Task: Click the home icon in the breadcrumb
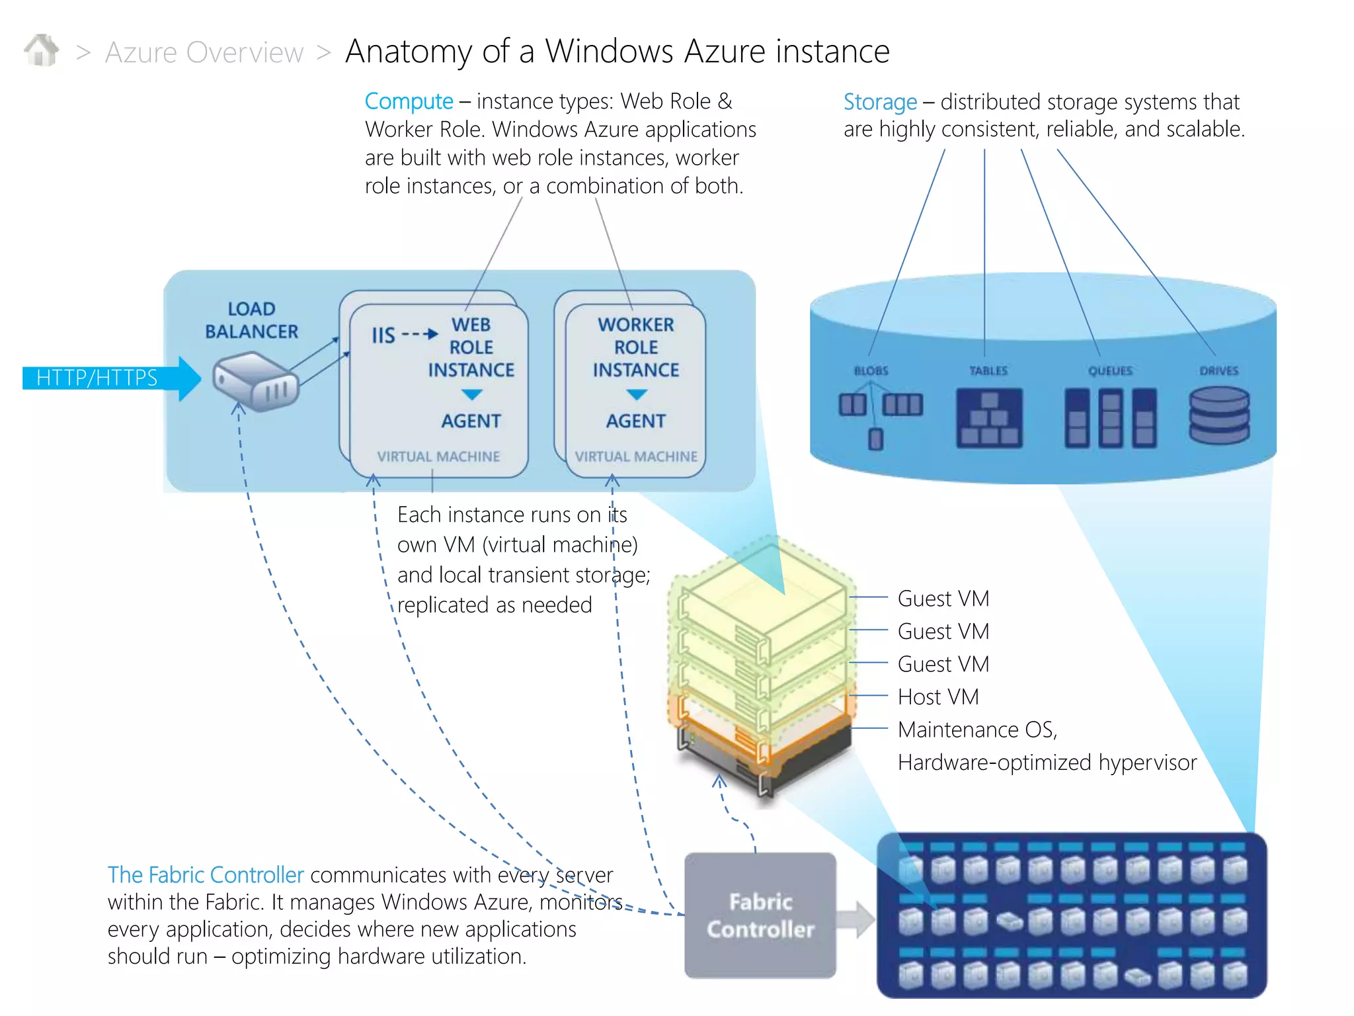coord(41,50)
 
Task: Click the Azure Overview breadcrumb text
coord(204,52)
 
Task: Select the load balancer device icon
coord(255,381)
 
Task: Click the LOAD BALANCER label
coord(251,320)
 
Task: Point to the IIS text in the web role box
coord(383,335)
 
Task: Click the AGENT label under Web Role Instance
coord(471,421)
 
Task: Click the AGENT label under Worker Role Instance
coord(635,421)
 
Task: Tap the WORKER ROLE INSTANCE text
coord(635,347)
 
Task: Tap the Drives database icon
coord(1218,415)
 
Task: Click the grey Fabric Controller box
coord(760,915)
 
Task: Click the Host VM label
coord(938,697)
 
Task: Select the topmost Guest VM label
coord(943,598)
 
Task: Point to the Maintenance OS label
coord(977,729)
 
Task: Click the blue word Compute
coord(409,101)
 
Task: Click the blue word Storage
coord(880,102)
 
